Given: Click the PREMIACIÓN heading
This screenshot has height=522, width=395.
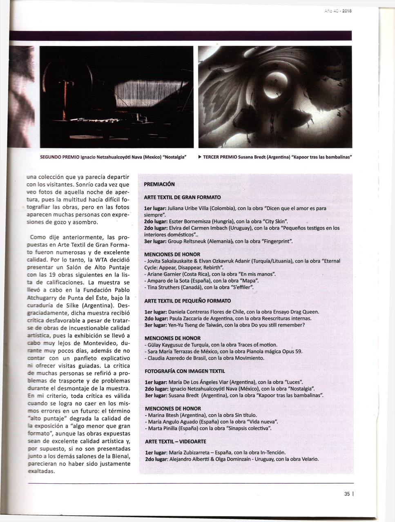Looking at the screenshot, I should tap(159, 184).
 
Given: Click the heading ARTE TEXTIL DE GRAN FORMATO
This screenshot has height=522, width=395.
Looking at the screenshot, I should tap(182, 197).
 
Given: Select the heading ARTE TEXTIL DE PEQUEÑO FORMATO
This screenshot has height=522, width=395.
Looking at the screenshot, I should tap(187, 301).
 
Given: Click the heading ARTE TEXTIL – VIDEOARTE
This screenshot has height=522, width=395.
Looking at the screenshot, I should tap(175, 442).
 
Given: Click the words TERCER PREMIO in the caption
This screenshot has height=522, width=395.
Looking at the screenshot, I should tap(220, 157).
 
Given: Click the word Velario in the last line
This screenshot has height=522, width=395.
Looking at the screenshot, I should tap(309, 459).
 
